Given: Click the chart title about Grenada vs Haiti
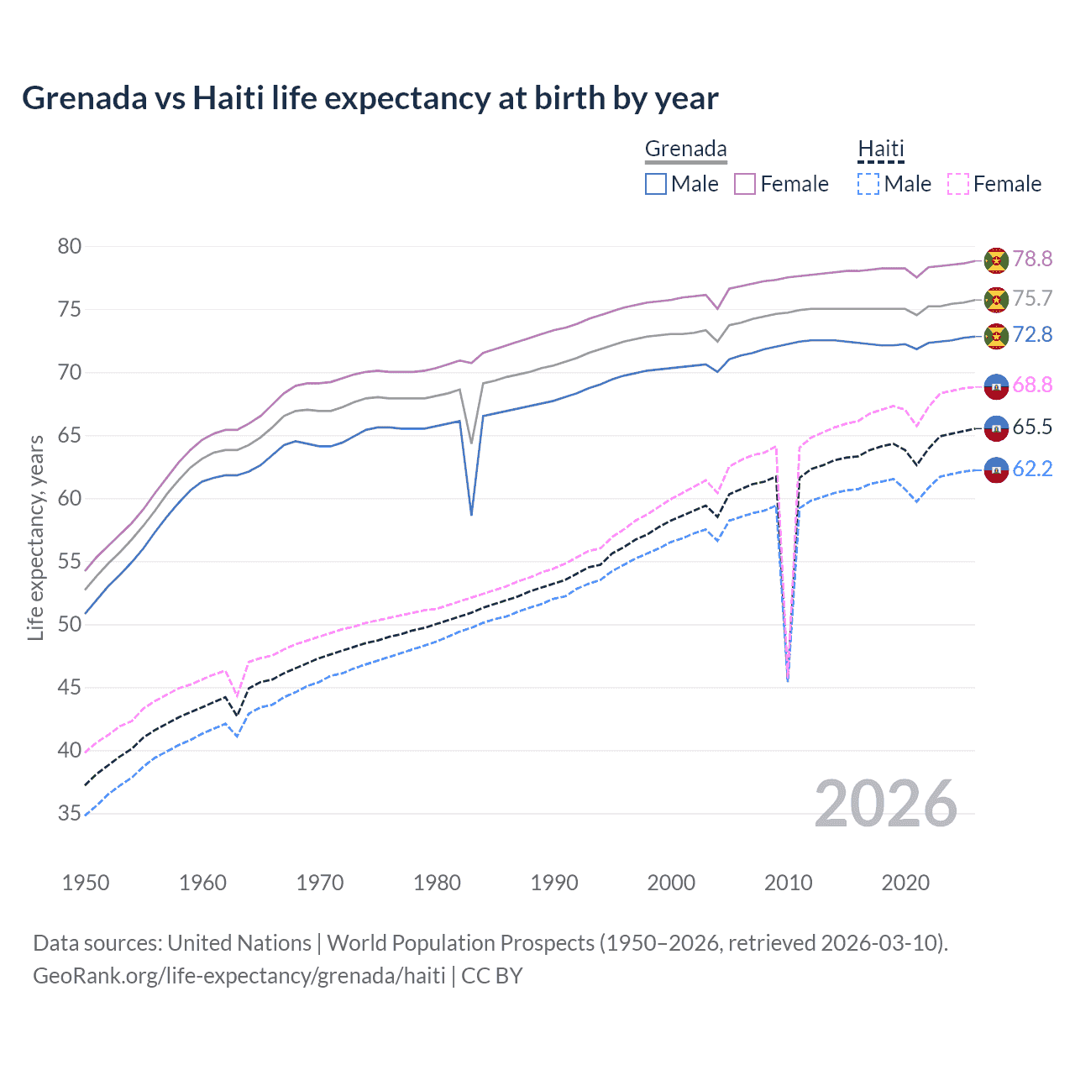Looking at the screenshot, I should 370,98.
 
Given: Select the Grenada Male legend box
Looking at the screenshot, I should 656,184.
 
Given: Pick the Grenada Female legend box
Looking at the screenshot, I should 745,184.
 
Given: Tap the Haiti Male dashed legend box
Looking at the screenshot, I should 868,184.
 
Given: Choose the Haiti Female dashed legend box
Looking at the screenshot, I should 958,184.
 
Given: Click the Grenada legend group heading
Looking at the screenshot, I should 685,149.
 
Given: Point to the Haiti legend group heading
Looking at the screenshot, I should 880,149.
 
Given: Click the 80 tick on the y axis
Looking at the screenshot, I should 70,247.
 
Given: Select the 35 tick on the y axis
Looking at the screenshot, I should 70,813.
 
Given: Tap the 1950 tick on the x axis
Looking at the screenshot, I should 86,883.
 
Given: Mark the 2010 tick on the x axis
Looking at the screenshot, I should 788,883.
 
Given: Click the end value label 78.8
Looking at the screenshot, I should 1032,260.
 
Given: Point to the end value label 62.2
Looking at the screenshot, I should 1032,469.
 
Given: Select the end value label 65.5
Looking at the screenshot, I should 1032,427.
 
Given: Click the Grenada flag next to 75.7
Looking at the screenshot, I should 996,299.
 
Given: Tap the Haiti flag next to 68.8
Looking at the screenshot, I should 996,385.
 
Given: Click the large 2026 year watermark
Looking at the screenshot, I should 885,804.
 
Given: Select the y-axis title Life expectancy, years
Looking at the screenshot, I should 36,537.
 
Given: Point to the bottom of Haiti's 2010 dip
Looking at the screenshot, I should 787,679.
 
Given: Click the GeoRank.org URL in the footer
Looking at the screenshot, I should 239,976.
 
